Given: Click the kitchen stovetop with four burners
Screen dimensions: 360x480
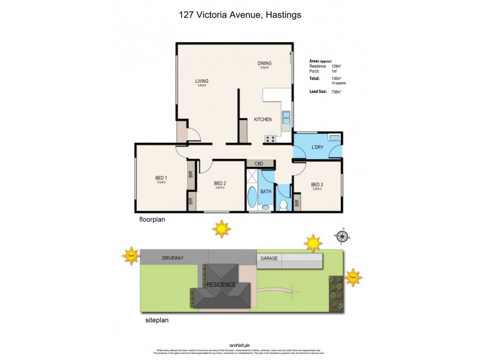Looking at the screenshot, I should [270, 139].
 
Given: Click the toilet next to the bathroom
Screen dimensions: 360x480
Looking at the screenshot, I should [283, 205].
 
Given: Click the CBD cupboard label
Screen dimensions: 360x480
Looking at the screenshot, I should [259, 163].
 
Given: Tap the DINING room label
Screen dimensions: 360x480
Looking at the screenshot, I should [265, 63].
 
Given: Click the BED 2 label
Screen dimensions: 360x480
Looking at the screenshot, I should [220, 183].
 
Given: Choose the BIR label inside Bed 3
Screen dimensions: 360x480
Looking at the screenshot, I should [297, 204].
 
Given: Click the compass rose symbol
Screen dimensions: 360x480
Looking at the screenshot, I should [343, 236].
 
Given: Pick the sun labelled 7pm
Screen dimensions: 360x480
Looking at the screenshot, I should [131, 256].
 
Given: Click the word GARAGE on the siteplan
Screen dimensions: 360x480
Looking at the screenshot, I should [268, 258].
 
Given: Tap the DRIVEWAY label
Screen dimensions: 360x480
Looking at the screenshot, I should [172, 257].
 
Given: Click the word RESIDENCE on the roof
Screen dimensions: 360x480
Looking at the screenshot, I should [221, 284].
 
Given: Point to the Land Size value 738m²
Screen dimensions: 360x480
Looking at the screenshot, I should [336, 92].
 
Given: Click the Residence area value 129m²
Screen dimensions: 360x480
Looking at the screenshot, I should [336, 66].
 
